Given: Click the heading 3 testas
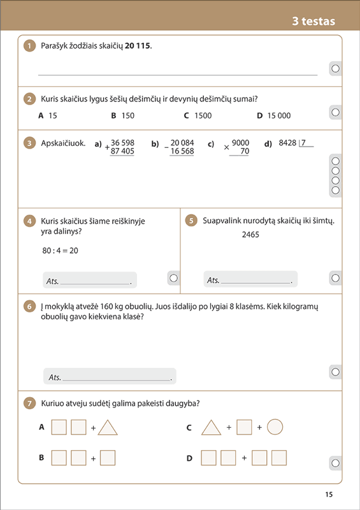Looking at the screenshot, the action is click(x=313, y=22).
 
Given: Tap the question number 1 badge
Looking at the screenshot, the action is click(x=29, y=46).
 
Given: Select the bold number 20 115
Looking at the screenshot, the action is click(x=138, y=46).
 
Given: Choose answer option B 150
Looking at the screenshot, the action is click(x=122, y=115).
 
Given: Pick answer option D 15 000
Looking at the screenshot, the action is click(x=274, y=115).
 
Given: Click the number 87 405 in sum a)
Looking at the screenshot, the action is click(x=122, y=151).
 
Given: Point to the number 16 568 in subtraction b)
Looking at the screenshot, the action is click(x=182, y=151).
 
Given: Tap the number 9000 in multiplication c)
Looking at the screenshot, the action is click(x=241, y=143).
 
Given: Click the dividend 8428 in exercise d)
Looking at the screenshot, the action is click(x=288, y=143).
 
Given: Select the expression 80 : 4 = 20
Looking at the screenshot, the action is click(x=60, y=251).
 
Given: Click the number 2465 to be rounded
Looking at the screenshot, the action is click(x=250, y=235).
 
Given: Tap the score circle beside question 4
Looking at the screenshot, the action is click(x=174, y=278).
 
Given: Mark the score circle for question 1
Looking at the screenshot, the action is click(x=335, y=69).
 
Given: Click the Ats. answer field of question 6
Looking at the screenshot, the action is click(x=110, y=376).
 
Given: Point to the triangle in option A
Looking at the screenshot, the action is click(x=108, y=427).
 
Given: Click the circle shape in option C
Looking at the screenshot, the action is click(x=275, y=427).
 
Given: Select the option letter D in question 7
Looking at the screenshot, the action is click(x=189, y=458).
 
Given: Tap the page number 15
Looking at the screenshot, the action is click(x=329, y=495).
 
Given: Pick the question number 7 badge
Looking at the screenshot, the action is click(x=29, y=404).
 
